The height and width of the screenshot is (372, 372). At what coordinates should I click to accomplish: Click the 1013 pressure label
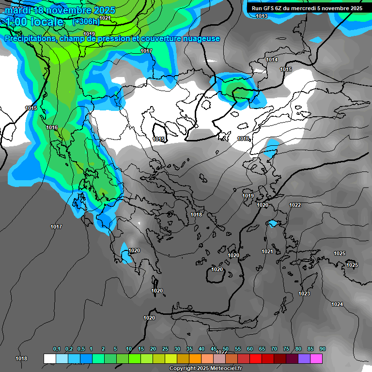262,16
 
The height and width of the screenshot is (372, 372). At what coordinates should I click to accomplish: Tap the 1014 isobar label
272,60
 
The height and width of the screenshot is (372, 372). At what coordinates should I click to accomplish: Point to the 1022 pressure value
295,205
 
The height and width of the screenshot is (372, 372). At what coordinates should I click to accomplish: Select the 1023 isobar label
304,294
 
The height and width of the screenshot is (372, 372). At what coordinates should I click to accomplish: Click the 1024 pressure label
337,304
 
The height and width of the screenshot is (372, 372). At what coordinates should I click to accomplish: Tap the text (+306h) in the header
86,21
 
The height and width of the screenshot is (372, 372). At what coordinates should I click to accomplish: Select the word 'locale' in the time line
46,22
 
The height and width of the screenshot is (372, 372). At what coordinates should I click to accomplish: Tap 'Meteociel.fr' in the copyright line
228,368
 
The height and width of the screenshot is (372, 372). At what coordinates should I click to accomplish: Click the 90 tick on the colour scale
323,349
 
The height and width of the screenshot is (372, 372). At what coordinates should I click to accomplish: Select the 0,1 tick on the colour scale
57,349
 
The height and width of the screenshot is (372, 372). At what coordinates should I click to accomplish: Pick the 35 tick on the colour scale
189,349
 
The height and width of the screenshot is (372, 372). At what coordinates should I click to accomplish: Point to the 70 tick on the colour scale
274,349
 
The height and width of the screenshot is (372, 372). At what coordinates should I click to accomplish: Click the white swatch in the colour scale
50,358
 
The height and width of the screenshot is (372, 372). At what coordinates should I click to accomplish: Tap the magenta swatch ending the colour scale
316,358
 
